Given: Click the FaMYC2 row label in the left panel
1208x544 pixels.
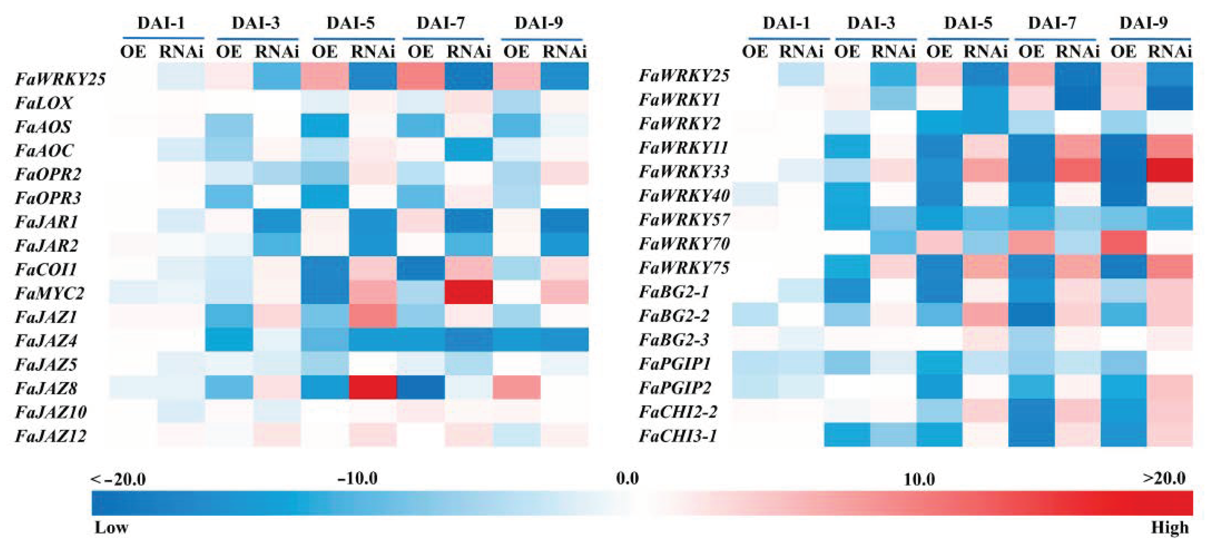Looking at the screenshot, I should tap(50, 293).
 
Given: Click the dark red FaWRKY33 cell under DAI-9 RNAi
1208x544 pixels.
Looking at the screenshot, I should tap(1169, 170).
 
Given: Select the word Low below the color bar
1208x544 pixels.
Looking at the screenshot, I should tap(112, 528).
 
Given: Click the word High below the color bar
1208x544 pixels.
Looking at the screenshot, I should tap(1169, 528).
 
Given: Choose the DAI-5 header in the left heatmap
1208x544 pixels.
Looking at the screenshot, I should tap(350, 23).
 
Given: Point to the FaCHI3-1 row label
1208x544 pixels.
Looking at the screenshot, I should tap(678, 436).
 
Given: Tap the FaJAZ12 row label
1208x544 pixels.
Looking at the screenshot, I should tap(51, 436).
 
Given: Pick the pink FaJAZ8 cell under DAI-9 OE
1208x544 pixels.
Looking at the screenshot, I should tap(516, 387).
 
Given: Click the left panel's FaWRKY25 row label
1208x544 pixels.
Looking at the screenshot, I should tap(60, 79).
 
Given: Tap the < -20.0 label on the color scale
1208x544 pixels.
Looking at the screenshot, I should tap(118, 479).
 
